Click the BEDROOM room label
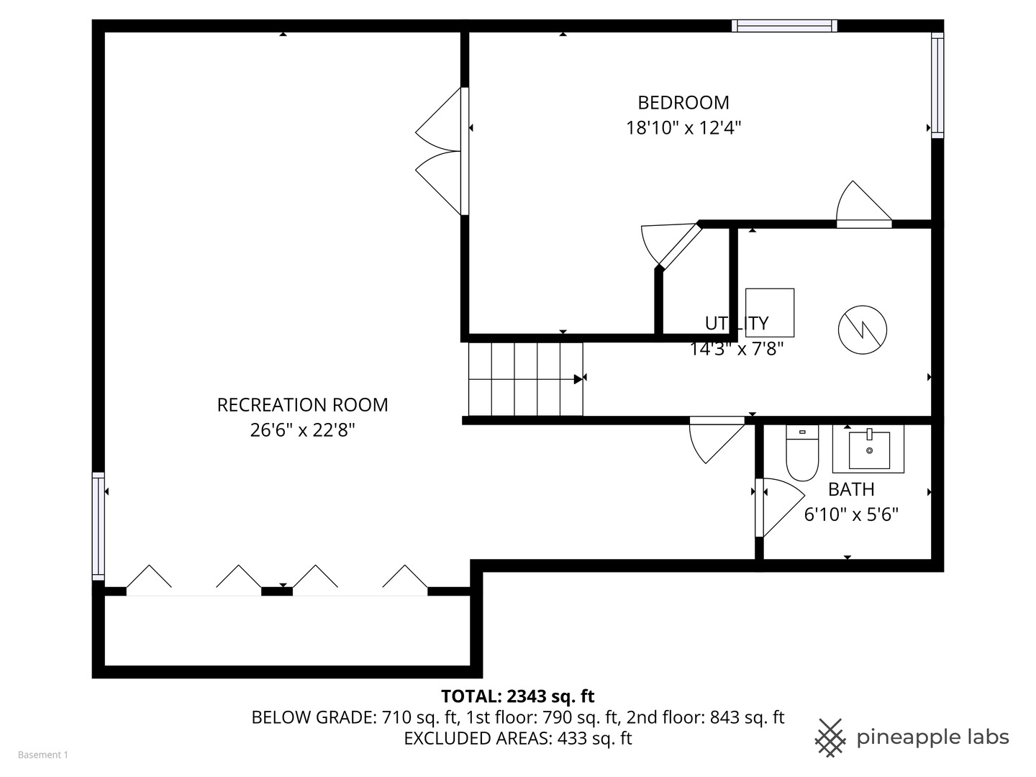683,103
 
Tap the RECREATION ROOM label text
302,405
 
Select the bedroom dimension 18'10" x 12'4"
683,128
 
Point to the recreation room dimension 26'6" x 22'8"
302,430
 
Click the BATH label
851,489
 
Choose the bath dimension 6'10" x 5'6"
851,514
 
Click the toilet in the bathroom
802,453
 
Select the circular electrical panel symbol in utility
862,330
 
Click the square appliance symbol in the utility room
770,312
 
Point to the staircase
525,378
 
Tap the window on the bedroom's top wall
784,26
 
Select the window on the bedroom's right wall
937,86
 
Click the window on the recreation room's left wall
98,526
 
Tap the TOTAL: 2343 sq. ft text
517,696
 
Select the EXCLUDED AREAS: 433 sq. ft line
517,739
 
